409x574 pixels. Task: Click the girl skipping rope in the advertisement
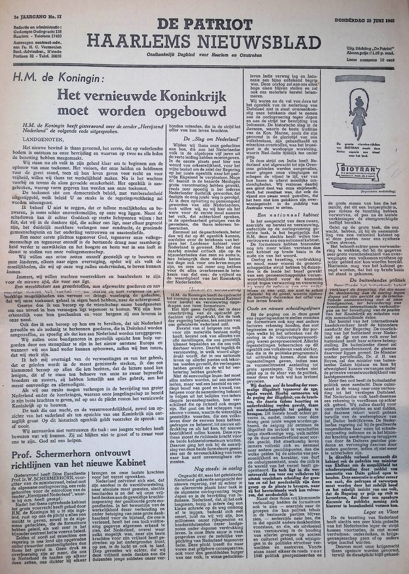pyautogui.click(x=358, y=118)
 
